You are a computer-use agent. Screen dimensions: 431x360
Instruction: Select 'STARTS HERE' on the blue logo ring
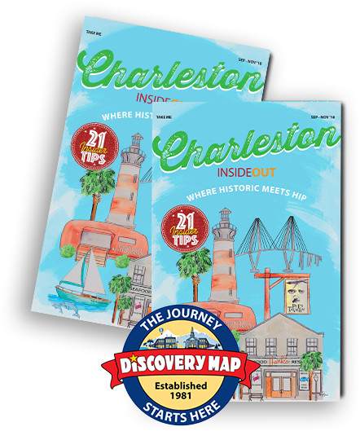point(181,415)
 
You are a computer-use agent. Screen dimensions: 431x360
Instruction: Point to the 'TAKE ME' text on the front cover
point(166,117)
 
